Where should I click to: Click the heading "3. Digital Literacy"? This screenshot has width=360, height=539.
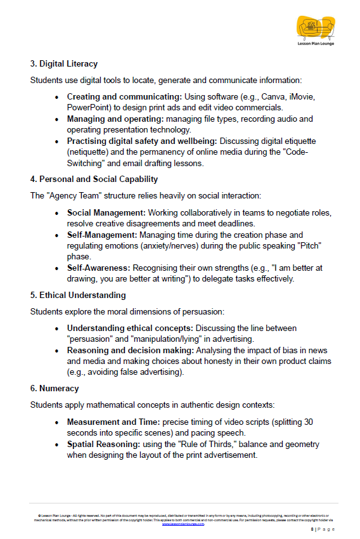click(x=63, y=64)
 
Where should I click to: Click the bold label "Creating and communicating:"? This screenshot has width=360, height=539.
click(x=124, y=97)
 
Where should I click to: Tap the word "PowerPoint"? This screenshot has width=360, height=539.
click(x=87, y=107)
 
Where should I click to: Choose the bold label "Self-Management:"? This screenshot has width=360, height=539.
click(x=101, y=235)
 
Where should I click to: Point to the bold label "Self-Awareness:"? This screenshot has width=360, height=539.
click(x=99, y=267)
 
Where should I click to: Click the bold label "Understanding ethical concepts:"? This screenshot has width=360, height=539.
click(x=130, y=328)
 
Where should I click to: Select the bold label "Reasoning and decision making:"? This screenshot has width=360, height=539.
click(x=131, y=349)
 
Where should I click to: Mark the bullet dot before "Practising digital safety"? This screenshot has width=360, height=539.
click(x=58, y=141)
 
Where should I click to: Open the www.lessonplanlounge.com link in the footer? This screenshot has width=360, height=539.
click(x=183, y=524)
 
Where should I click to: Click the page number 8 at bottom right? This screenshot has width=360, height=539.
click(x=312, y=529)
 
